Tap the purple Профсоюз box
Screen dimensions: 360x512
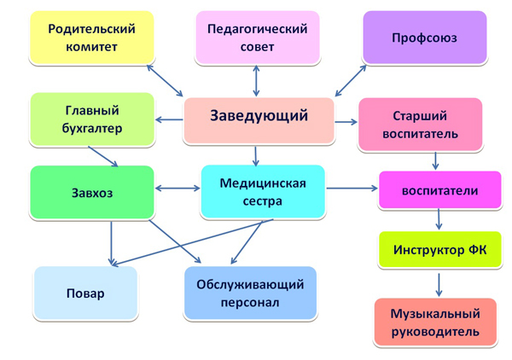click(424, 38)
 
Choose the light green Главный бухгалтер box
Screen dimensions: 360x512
click(93, 119)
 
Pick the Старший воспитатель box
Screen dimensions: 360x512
click(419, 124)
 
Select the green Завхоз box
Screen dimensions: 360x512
click(91, 193)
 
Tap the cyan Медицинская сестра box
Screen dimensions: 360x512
click(262, 191)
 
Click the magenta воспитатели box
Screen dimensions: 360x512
click(439, 190)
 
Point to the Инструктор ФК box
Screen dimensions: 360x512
click(439, 251)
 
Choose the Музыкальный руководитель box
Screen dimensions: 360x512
click(436, 322)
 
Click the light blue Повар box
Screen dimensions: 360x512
click(85, 294)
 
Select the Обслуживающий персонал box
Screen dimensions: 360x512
click(250, 293)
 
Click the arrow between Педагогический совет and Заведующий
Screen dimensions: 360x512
click(257, 80)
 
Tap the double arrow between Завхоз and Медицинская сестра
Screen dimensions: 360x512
click(177, 185)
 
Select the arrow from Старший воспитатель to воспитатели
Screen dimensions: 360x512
click(435, 160)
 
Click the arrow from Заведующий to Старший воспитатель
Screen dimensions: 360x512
click(346, 121)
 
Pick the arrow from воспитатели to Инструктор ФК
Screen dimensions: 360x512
click(439, 219)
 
